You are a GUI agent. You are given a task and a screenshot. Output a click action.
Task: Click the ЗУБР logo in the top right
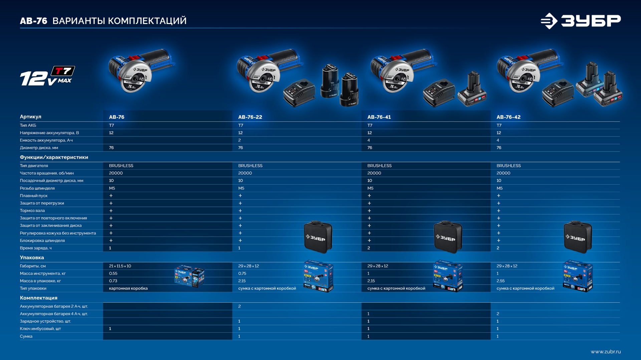point(581,21)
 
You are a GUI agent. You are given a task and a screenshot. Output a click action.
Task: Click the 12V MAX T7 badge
point(47,76)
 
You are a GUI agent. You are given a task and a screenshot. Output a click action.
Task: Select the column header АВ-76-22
point(250,117)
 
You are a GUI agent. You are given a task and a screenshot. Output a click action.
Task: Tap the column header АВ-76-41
point(379,117)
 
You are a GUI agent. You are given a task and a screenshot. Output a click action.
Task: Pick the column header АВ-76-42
point(508,117)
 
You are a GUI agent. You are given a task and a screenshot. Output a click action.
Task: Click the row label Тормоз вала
point(32,211)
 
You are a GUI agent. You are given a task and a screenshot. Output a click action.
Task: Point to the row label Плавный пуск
point(34,196)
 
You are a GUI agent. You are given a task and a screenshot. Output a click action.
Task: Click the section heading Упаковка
point(32,258)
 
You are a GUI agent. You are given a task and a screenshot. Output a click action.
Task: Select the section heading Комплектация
point(38,298)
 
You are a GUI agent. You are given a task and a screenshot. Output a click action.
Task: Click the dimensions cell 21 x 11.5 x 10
point(120,266)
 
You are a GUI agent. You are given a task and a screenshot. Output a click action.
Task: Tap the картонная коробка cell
point(128,288)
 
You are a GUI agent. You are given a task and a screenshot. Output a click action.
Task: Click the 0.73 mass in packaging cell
point(113,281)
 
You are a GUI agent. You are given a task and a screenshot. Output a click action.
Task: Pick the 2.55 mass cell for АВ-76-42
point(500,281)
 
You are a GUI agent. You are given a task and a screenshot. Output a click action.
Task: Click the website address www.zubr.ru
point(606,352)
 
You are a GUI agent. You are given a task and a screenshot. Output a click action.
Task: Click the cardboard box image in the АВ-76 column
point(189,276)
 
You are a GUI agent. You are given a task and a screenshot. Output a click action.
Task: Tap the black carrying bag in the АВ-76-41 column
point(448,237)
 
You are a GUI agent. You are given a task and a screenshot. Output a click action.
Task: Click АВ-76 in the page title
point(33,21)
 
